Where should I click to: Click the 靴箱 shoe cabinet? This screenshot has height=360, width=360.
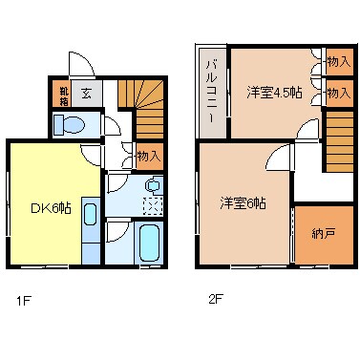[64, 95]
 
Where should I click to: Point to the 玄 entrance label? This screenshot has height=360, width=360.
[86, 95]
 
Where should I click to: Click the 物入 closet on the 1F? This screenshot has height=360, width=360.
[148, 155]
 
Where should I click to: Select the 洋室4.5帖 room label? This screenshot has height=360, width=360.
[274, 92]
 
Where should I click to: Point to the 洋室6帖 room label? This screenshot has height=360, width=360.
[243, 202]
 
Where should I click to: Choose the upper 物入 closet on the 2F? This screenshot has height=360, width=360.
[337, 61]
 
